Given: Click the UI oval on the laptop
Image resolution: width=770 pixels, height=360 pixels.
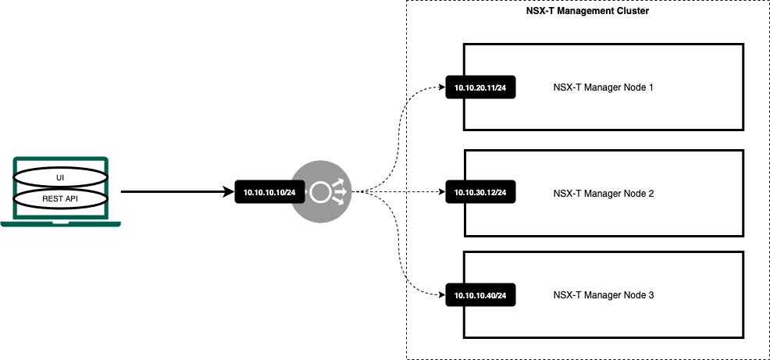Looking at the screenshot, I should [x=59, y=177].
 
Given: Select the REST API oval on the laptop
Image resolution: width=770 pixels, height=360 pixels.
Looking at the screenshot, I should [x=59, y=198].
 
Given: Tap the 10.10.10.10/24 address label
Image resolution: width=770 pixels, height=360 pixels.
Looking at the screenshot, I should [x=269, y=192].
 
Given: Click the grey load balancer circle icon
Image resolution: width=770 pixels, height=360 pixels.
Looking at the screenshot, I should [x=320, y=191].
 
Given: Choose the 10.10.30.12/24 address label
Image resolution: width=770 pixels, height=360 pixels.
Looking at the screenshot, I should [x=480, y=192].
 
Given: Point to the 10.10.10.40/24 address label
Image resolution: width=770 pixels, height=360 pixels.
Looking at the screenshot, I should [x=480, y=295].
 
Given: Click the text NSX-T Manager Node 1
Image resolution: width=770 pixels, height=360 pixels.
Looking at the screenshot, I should [x=602, y=87].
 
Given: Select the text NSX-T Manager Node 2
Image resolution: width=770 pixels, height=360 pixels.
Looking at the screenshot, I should [x=602, y=192].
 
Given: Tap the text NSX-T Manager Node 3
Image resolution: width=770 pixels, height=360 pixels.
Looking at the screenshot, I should [x=602, y=295].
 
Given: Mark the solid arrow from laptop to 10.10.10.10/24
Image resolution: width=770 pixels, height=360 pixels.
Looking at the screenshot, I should [x=178, y=191].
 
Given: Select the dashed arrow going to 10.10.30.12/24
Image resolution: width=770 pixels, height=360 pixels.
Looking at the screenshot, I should [x=402, y=191].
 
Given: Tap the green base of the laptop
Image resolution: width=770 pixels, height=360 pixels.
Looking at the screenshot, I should [x=60, y=224].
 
